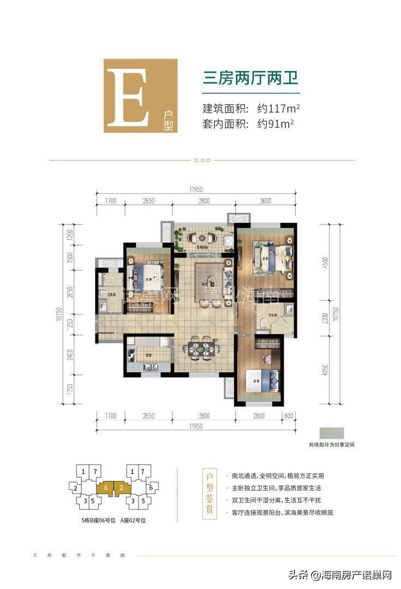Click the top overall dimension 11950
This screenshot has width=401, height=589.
pos(196,189)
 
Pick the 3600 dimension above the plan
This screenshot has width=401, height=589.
pos(265,201)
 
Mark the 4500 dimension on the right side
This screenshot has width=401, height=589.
pos(326,263)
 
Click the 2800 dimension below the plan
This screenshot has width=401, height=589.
pos(258,416)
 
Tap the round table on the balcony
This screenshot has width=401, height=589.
pos(194,238)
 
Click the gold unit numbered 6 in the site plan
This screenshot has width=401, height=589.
pos(106,486)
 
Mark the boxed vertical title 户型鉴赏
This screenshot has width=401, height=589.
pos(208,494)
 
